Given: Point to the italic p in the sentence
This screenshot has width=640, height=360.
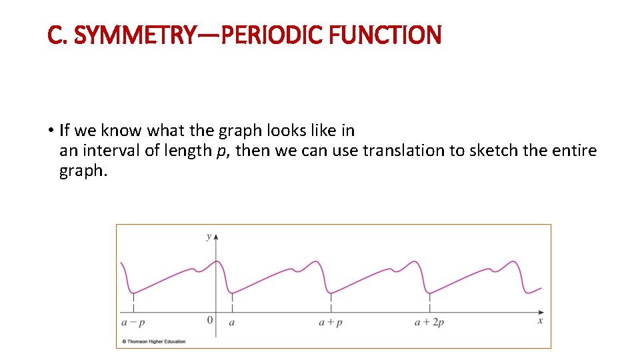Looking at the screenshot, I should [x=221, y=151].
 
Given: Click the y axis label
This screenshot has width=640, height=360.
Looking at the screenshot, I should [x=209, y=236].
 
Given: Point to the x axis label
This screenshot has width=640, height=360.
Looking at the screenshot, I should [x=540, y=321].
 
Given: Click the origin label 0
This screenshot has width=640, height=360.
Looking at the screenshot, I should [x=209, y=321].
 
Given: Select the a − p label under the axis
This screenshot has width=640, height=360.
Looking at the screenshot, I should [x=133, y=322].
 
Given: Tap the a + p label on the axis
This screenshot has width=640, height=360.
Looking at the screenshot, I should [x=330, y=322].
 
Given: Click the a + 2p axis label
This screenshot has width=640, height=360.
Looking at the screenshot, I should [x=429, y=322].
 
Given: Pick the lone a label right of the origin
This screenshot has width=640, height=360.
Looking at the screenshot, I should [x=231, y=322].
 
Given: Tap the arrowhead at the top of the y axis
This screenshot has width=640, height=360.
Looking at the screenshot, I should [x=215, y=236].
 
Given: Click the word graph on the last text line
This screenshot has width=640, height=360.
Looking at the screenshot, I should [x=82, y=171].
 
